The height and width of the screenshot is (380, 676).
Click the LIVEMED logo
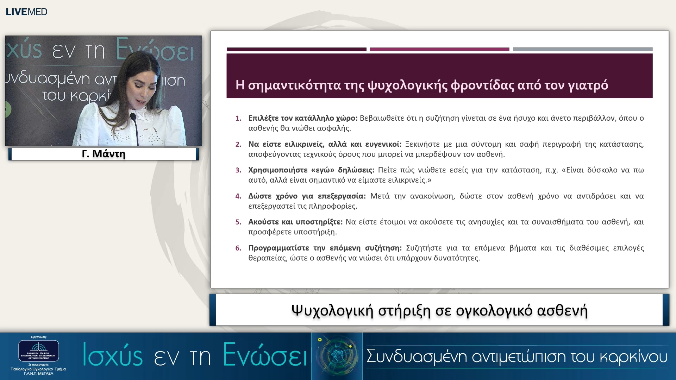click(26, 12)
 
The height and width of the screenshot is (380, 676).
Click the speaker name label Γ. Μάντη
click(104, 154)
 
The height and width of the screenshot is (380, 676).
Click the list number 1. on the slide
click(238, 118)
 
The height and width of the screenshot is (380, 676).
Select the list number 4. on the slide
click(238, 196)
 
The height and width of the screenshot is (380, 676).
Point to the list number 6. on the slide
click(238, 248)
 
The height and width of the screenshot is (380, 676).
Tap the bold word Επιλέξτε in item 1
click(263, 118)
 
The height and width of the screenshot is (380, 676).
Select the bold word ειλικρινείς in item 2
click(304, 144)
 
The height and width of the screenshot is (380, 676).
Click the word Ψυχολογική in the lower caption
click(332, 311)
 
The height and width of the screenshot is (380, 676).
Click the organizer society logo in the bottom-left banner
click(39, 351)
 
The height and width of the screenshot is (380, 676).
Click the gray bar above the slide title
click(582, 49)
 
